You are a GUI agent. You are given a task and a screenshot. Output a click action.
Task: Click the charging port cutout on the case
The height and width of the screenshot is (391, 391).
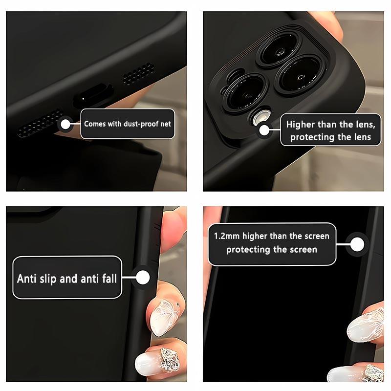(x=93, y=96)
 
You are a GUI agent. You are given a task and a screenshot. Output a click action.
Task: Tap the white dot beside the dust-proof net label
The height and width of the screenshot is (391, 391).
(x=65, y=124)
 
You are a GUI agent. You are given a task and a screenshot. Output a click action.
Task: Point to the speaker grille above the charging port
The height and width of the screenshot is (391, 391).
(x=138, y=74)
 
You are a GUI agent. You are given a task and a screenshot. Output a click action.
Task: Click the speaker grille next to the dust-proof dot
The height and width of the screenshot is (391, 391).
(x=39, y=123)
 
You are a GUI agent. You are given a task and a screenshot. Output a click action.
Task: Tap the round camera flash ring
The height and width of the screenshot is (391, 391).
(x=261, y=117)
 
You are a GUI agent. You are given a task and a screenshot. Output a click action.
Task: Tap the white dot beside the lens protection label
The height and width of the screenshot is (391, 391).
(x=264, y=130)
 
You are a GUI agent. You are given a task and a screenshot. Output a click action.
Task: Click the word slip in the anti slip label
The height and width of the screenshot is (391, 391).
(x=48, y=279)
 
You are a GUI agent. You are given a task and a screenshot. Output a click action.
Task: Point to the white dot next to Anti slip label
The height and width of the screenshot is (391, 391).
(x=143, y=278)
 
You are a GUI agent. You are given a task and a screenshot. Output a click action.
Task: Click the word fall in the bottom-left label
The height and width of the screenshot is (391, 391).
(x=109, y=278)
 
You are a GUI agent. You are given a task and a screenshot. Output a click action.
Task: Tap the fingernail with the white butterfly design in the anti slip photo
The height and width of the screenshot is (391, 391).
(x=165, y=317)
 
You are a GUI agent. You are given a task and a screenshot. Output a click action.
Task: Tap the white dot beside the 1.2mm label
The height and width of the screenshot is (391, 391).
(x=357, y=244)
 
